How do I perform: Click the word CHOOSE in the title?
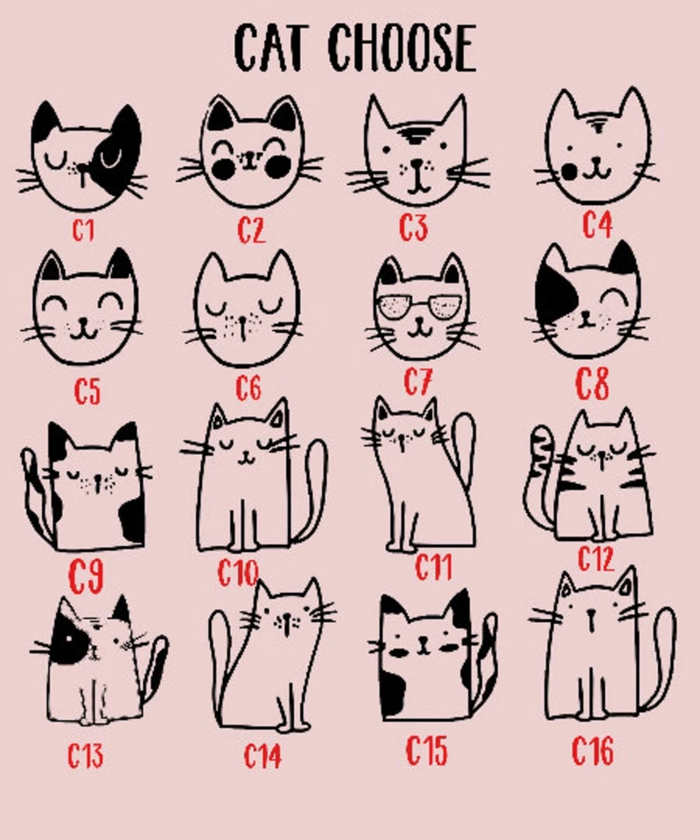402,48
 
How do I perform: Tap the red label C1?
84,231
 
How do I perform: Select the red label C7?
418,382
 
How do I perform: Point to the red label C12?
597,559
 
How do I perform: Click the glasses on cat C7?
419,307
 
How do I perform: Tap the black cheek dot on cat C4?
570,172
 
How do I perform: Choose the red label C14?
262,756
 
